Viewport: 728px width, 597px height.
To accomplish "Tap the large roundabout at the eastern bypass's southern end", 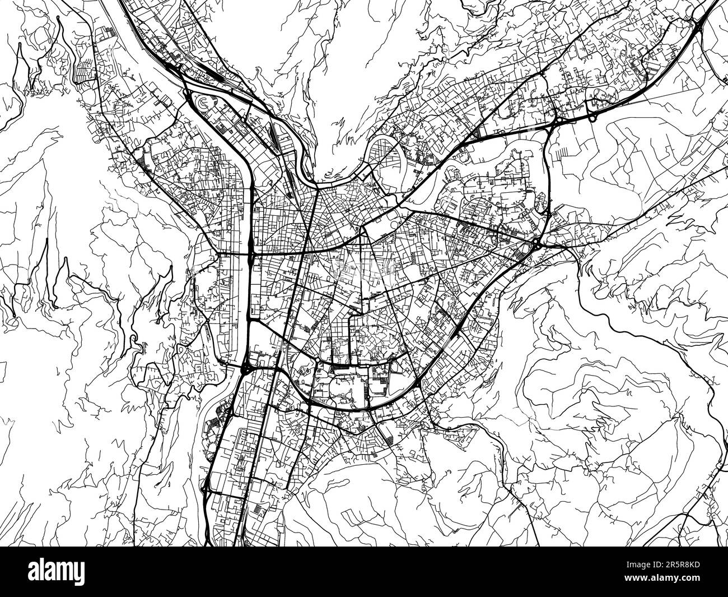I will (x=536, y=244).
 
